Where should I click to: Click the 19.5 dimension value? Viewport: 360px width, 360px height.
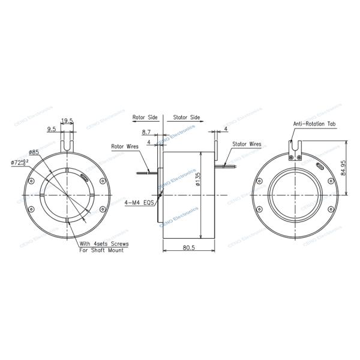(x=67, y=121)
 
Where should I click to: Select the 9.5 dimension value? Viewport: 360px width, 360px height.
(x=52, y=128)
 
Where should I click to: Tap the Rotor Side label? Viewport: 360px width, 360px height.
(x=146, y=118)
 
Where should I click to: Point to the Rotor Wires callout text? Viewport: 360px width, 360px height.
(x=125, y=146)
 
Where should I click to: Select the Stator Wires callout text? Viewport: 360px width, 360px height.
(x=247, y=145)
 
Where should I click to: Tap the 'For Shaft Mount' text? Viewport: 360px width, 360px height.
(x=102, y=250)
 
